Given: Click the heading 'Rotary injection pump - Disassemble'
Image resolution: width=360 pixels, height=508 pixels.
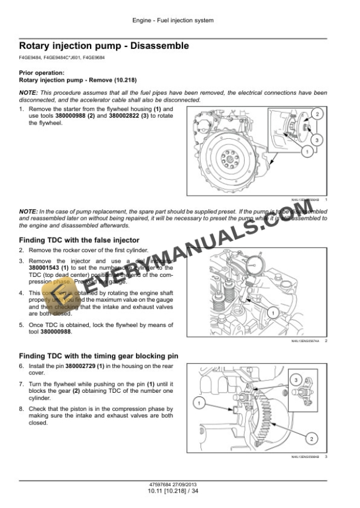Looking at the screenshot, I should pos(104,45).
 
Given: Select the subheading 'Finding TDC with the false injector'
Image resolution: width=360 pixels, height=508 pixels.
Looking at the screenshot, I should pos(79,240).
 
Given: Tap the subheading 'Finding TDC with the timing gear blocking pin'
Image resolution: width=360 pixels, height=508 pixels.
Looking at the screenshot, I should pos(97,356).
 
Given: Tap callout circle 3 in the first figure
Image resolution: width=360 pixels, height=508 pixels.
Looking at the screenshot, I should pos(316,140).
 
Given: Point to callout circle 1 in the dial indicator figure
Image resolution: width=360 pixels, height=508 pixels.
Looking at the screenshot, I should pos(272,312).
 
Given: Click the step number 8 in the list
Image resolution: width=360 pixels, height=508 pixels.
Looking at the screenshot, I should pos(22,408).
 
